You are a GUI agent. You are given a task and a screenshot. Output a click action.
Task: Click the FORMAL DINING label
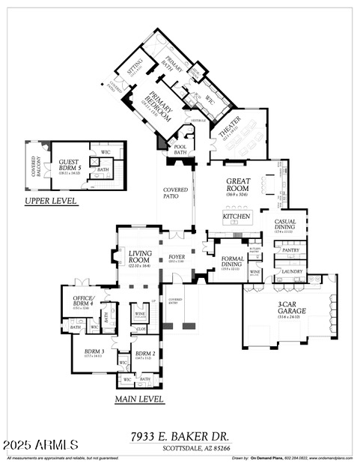coord(231,261)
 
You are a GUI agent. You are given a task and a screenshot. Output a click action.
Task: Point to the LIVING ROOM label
coord(140,257)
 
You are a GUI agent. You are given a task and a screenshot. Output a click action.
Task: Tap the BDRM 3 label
coord(93,351)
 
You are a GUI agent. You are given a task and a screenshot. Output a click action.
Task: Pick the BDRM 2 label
coord(145,353)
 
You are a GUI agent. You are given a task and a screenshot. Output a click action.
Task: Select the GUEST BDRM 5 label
coord(70,165)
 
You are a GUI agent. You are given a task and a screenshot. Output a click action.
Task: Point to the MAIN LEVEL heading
coord(139,399)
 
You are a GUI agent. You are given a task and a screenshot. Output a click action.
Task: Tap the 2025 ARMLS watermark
coord(40,446)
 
